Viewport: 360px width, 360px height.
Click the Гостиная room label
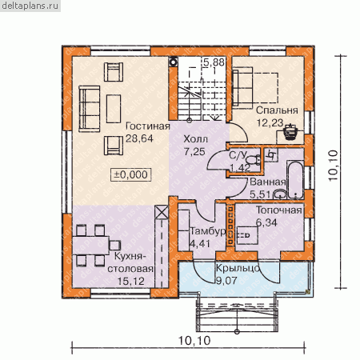coord(148,126)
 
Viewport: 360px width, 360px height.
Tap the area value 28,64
coord(139,138)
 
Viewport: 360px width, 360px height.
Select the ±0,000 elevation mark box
coord(131,175)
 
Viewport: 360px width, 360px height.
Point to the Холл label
coord(196,139)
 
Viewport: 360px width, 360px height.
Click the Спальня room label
coord(277,110)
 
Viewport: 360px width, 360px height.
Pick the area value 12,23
coord(270,122)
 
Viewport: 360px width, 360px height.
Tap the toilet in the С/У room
coord(253,160)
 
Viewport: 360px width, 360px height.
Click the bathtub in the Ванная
coord(295,179)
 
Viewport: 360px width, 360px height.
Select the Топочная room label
coord(279,210)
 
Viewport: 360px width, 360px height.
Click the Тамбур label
coord(208,231)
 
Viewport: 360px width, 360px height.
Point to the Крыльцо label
coord(238,268)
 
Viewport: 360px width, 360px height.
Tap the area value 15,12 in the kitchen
coord(131,281)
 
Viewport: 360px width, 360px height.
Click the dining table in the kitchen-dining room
coord(90,246)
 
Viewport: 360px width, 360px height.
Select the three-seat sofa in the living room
coord(90,109)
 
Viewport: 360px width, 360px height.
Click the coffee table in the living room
coord(114,109)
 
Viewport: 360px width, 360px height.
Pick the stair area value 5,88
coord(214,62)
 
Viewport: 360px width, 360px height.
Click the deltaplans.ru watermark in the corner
coord(30,6)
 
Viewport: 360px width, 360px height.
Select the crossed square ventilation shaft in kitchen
coord(162,212)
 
